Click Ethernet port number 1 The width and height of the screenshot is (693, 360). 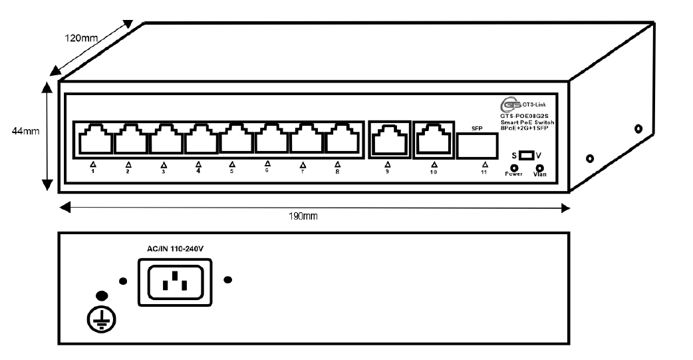94,140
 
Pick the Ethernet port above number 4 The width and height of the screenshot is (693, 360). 199,140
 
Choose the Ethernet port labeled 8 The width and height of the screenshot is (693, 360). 339,140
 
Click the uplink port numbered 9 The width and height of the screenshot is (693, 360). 386,140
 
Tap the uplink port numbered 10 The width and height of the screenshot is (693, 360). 432,140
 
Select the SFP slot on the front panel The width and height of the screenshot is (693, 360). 476,144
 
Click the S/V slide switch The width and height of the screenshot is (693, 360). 526,155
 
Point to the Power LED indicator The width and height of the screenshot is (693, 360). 514,168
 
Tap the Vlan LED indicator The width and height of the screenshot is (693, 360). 539,168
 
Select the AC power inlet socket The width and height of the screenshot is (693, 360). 175,281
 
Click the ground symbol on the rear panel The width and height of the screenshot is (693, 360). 101,320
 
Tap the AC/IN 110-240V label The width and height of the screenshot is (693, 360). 174,248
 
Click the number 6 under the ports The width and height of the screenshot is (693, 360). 267,170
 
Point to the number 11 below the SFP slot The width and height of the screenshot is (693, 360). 484,172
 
